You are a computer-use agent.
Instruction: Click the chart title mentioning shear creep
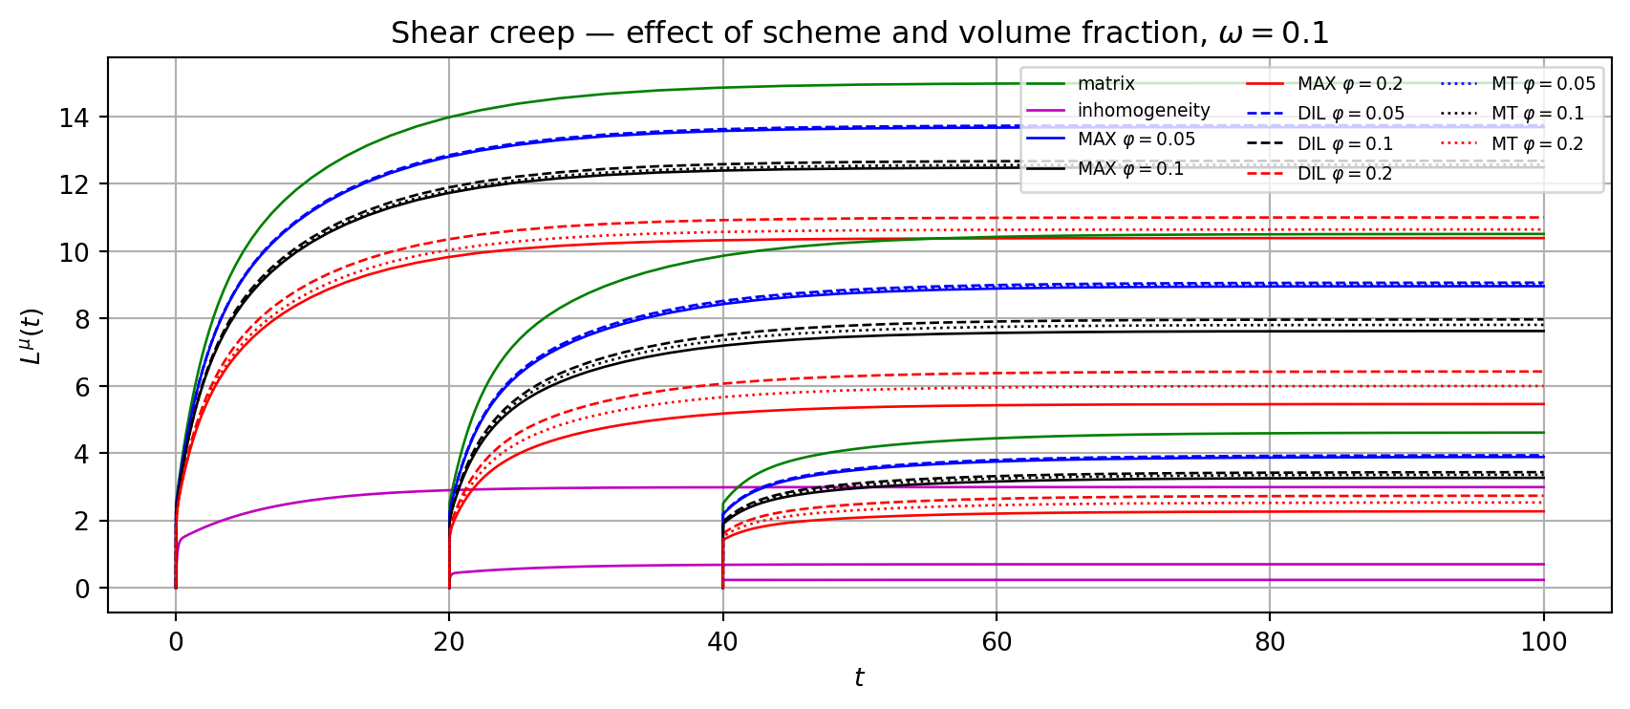tap(859, 33)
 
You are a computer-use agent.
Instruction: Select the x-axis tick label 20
tap(449, 642)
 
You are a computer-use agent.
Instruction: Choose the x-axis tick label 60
tap(997, 642)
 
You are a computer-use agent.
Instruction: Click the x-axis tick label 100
tap(1543, 642)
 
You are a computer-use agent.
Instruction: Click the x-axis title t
tap(859, 677)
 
